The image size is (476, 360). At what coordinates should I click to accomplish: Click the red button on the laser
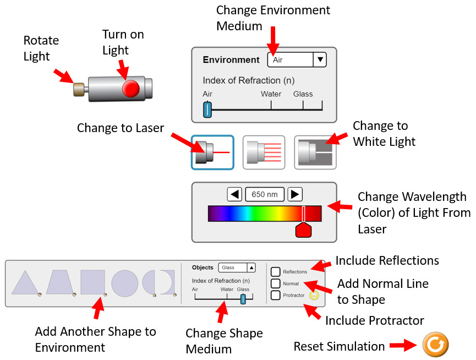click(x=131, y=88)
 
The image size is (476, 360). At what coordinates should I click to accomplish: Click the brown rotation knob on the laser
click(x=79, y=89)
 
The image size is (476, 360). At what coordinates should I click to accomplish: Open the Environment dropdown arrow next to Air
click(x=320, y=59)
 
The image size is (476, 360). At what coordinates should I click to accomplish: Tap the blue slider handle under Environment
click(x=207, y=110)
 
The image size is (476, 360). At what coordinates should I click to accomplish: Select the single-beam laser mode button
click(x=212, y=152)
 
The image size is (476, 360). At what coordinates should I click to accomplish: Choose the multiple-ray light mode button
click(x=264, y=152)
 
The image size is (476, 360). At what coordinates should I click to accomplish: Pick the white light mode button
click(x=315, y=152)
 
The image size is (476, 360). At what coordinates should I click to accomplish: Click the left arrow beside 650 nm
click(x=234, y=194)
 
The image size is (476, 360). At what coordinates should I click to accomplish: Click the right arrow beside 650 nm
click(x=295, y=194)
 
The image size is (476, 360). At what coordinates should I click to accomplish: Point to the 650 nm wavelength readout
click(x=265, y=194)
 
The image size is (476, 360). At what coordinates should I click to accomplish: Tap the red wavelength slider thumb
click(x=304, y=229)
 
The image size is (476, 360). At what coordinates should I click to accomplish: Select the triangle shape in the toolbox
click(x=25, y=282)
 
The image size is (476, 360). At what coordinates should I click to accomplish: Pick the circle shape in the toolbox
click(x=125, y=283)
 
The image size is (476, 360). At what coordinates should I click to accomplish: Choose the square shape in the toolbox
click(x=92, y=282)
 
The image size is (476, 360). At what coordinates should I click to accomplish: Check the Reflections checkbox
click(x=275, y=272)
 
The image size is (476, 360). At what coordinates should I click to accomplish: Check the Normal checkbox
click(x=275, y=283)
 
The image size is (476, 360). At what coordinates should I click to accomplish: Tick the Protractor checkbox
click(x=275, y=295)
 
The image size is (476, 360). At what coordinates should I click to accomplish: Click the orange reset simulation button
click(x=435, y=345)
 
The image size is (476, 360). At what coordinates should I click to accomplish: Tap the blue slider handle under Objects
click(x=243, y=299)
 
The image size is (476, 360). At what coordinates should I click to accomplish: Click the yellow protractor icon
click(x=314, y=296)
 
